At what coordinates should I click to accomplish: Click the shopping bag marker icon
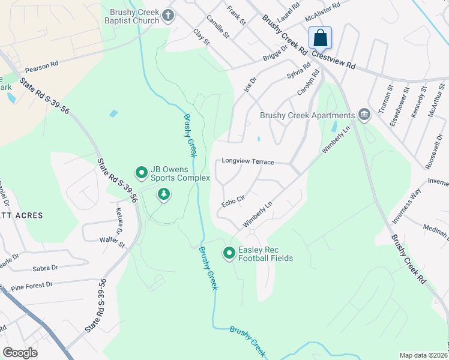tap(321, 38)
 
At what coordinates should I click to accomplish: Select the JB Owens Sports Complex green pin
tap(142, 173)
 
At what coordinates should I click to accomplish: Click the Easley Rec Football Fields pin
tap(229, 254)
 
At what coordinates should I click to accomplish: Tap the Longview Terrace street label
tap(248, 162)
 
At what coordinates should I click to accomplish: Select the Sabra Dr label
tap(46, 268)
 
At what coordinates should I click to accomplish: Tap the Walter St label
tap(112, 242)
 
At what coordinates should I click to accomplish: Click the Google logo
tap(20, 353)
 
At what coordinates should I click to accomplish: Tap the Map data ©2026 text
tap(423, 355)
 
